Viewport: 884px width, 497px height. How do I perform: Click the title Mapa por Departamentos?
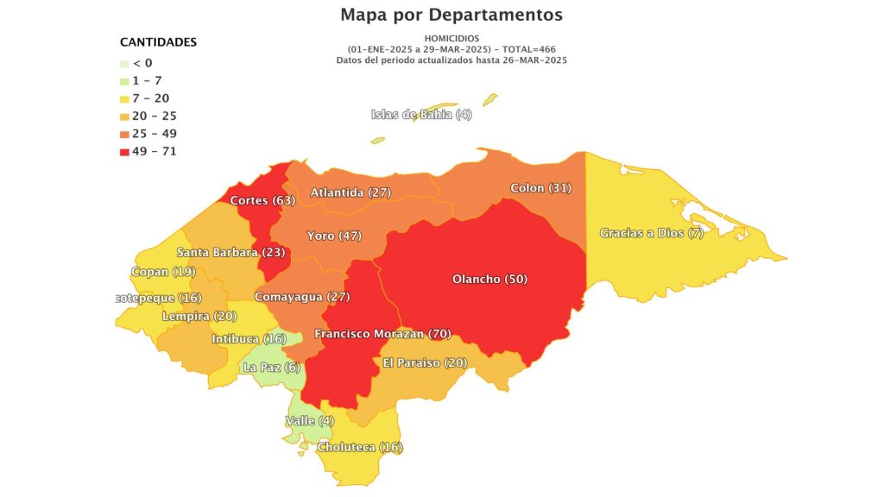(451, 15)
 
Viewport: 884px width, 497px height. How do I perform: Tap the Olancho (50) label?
(489, 279)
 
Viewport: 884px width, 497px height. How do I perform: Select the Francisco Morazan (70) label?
(382, 333)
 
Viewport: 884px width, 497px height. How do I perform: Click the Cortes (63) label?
(263, 200)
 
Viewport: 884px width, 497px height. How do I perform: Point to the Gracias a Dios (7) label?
(652, 233)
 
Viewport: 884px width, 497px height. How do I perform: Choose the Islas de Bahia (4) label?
(421, 115)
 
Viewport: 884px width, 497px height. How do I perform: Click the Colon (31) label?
(540, 187)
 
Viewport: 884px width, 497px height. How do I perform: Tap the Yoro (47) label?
(334, 236)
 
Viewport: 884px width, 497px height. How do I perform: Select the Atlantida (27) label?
(350, 192)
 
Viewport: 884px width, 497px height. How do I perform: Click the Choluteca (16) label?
(360, 447)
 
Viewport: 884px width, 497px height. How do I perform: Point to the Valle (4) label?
(309, 421)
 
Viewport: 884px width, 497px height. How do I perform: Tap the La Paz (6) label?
(271, 368)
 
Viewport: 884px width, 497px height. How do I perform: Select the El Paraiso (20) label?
(425, 362)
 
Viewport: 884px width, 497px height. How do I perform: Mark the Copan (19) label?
(163, 272)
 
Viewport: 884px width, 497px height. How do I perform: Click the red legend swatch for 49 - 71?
(125, 152)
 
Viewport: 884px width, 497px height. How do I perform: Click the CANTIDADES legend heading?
(158, 41)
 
